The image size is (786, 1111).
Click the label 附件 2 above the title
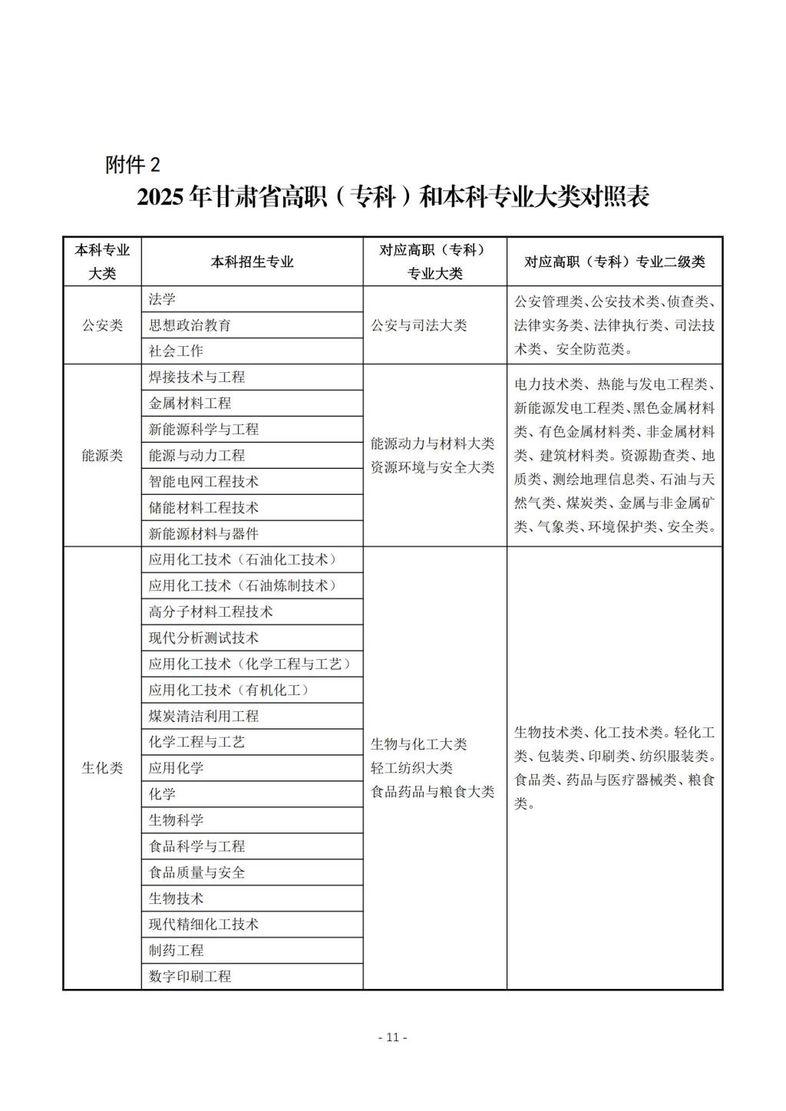click(134, 163)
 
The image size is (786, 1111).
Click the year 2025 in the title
click(160, 197)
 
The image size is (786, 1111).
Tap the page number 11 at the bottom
click(393, 1037)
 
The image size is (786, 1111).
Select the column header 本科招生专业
click(252, 262)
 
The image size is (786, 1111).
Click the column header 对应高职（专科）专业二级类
click(614, 262)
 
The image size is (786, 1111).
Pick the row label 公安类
click(102, 325)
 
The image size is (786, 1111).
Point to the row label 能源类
click(102, 455)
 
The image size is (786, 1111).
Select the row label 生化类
click(102, 768)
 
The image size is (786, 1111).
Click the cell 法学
click(162, 299)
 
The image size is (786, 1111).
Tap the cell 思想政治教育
click(190, 325)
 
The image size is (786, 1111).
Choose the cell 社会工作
click(176, 351)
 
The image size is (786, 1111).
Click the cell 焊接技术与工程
click(196, 377)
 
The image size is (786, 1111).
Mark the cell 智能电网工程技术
click(203, 482)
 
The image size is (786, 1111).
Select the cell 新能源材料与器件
click(203, 534)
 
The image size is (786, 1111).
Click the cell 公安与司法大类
click(418, 325)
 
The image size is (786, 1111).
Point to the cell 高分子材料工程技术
click(210, 612)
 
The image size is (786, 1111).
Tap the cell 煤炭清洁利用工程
click(203, 717)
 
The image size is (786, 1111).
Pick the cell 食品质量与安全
click(196, 872)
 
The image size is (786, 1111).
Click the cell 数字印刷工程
click(190, 977)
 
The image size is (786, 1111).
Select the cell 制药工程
click(176, 951)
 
